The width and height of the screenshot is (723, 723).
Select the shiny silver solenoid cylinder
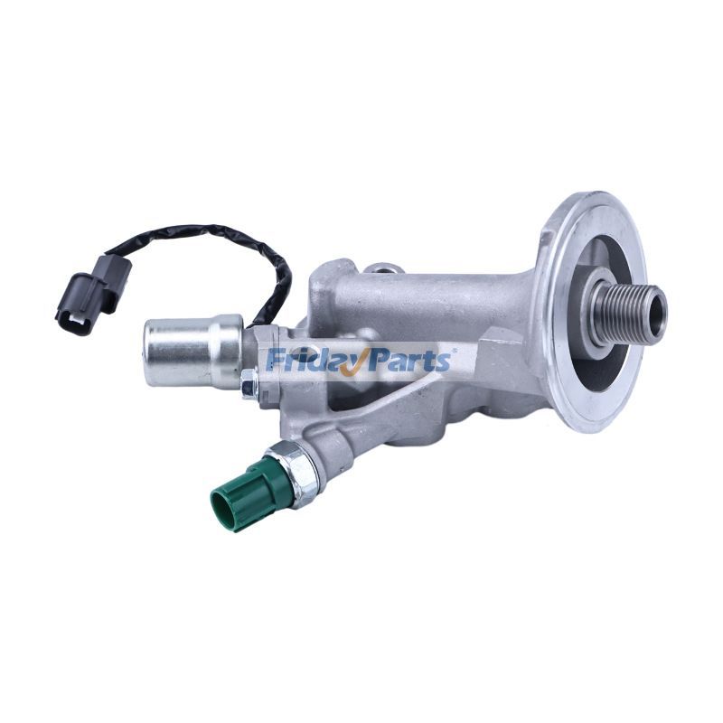click(x=192, y=351)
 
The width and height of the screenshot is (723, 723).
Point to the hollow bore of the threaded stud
click(x=653, y=305)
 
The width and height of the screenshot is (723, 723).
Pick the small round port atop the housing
click(x=384, y=268)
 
